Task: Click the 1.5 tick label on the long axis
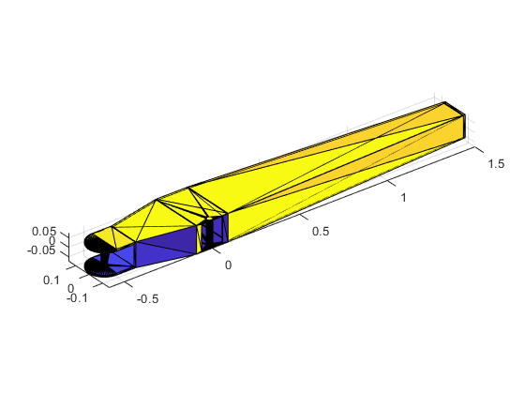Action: (496, 164)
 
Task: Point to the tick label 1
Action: (403, 198)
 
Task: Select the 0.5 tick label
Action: (321, 231)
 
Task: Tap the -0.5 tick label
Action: (148, 299)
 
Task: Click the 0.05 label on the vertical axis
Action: (44, 231)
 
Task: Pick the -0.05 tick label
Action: (41, 250)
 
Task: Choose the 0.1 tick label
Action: (52, 280)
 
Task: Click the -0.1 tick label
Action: (77, 297)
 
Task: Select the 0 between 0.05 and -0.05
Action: (52, 241)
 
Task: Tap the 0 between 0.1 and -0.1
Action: (70, 289)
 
